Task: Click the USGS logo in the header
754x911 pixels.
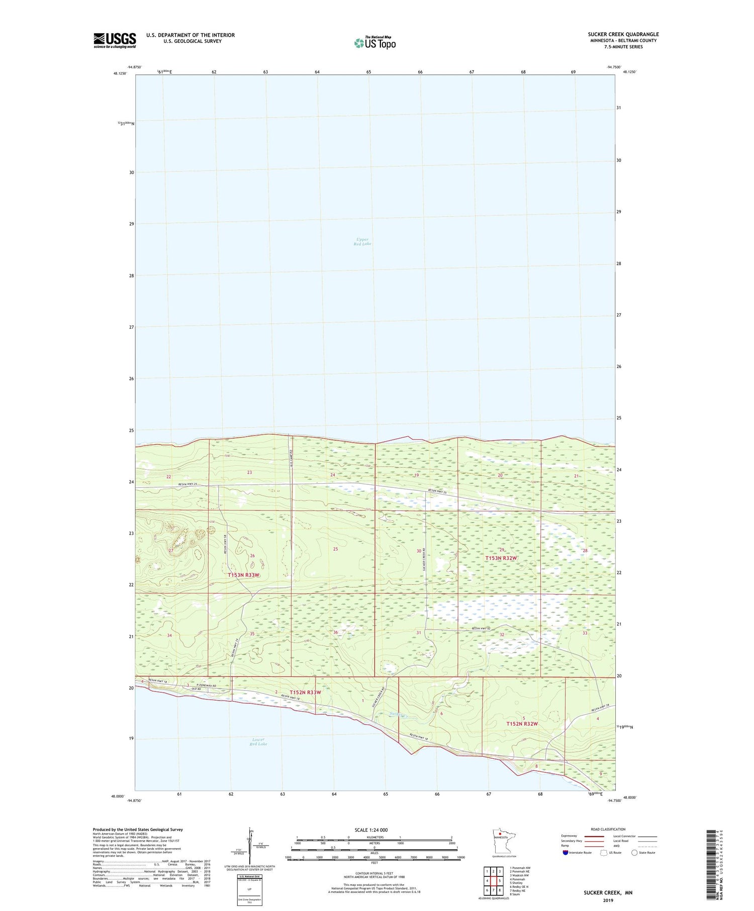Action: tap(115, 40)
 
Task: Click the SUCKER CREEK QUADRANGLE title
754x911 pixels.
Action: tap(623, 35)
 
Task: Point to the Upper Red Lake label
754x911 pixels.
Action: tap(362, 242)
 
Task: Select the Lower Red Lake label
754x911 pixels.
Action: tap(258, 742)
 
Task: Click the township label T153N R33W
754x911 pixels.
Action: tap(243, 575)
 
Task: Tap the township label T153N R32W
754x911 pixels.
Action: tap(501, 558)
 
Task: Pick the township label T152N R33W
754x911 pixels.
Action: tap(305, 692)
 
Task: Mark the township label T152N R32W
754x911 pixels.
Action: tap(522, 724)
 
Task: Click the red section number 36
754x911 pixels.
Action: tap(335, 632)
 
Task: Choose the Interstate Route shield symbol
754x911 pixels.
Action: tap(565, 853)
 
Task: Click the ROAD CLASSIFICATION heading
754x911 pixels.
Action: tap(608, 829)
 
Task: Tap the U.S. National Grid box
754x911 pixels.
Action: tap(249, 890)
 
